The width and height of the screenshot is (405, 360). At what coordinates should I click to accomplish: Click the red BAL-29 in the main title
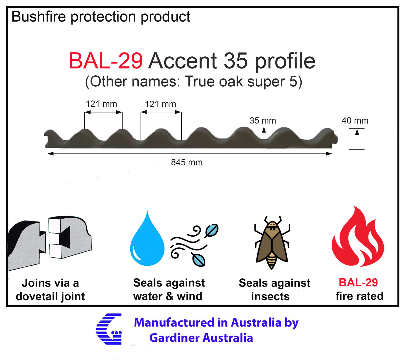106,61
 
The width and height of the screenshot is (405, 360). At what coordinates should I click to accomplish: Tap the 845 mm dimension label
187,162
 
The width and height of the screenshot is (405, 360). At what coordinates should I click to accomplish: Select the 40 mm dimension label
355,121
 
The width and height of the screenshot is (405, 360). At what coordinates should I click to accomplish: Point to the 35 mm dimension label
263,121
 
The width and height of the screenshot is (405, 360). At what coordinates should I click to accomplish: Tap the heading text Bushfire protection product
101,17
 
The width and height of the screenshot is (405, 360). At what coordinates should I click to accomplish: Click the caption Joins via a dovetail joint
50,290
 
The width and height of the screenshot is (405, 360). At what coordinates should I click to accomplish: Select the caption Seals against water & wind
169,290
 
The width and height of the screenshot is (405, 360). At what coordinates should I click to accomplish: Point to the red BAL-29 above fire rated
358,282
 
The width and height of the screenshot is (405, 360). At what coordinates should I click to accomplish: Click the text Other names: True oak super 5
193,82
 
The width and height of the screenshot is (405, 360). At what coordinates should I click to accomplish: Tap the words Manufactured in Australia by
216,322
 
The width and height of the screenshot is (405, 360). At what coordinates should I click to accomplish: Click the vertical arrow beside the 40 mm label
357,139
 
